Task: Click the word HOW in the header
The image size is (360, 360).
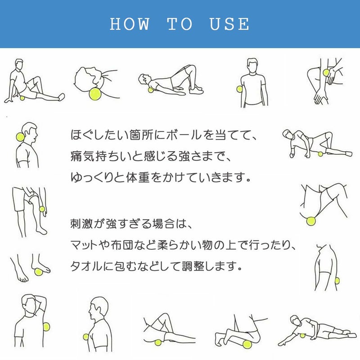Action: point(130,24)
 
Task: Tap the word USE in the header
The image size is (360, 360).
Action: point(229,24)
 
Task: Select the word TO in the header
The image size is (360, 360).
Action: point(180,24)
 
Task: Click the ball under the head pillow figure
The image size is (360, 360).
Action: point(95,94)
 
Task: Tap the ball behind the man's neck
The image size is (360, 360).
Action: point(20,137)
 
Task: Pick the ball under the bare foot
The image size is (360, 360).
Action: point(39,272)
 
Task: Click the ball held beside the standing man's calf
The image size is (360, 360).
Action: point(42,209)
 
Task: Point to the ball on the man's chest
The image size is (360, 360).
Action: point(86,337)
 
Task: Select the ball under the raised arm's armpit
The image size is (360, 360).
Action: point(46,327)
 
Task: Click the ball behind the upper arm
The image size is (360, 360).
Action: point(337,280)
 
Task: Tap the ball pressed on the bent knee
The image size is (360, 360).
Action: point(326,72)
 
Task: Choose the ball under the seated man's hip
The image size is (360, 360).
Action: point(22,98)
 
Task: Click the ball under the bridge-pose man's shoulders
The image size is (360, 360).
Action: point(151,90)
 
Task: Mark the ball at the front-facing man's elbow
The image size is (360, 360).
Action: point(239,89)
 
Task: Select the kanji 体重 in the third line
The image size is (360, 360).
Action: point(138,177)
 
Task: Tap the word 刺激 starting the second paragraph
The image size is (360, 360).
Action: point(81,224)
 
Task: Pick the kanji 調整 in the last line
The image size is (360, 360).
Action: point(193,266)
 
